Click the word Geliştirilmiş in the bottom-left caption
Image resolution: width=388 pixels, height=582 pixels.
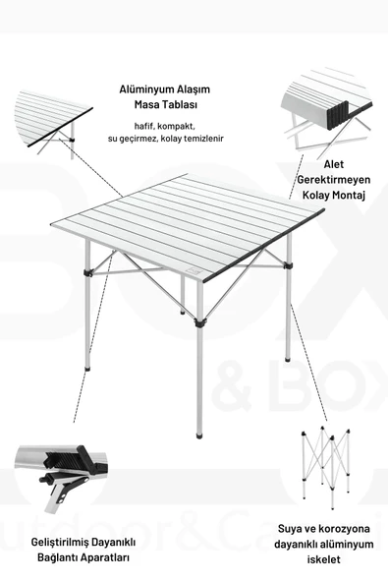click(x=50, y=542)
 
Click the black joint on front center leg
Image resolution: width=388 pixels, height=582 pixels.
click(x=199, y=320)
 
